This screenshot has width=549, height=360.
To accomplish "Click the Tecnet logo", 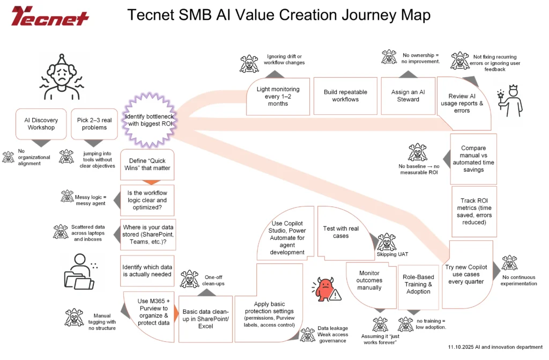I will click(50, 16).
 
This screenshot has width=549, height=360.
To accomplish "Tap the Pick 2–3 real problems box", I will click(94, 124).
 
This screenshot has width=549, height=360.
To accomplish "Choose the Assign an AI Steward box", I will click(408, 95).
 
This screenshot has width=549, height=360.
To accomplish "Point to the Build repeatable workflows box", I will click(345, 95).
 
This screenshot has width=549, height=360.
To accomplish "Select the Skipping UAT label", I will click(389, 254).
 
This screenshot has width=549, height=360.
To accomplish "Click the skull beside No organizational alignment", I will click(9, 157).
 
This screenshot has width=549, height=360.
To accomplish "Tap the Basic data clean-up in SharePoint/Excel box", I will click(205, 319).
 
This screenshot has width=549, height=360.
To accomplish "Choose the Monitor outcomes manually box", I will click(369, 281).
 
